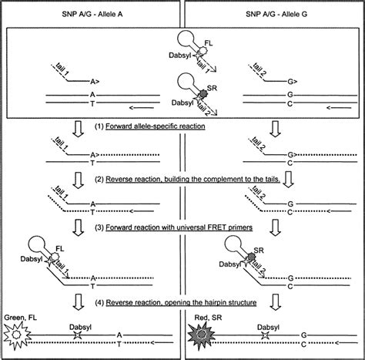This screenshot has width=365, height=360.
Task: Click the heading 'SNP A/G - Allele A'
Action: click(90, 8)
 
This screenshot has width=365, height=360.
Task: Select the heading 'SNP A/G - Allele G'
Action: click(272, 8)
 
